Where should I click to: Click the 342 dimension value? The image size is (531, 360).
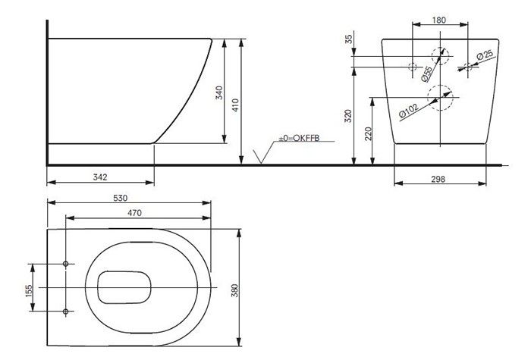pyautogui.click(x=100, y=177)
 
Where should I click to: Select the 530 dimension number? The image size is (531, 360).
pyautogui.click(x=120, y=198)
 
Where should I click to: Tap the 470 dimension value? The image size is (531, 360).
pyautogui.click(x=134, y=213)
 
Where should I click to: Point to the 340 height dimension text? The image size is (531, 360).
pyautogui.click(x=219, y=92)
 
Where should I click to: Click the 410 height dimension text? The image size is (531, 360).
pyautogui.click(x=235, y=105)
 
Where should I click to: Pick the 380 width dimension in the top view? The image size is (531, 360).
pyautogui.click(x=234, y=290)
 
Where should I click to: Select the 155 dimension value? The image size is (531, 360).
pyautogui.click(x=29, y=290)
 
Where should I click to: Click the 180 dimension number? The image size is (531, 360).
pyautogui.click(x=439, y=20)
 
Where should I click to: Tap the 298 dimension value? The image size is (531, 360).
pyautogui.click(x=438, y=179)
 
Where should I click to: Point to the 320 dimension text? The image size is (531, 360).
pyautogui.click(x=348, y=116)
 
